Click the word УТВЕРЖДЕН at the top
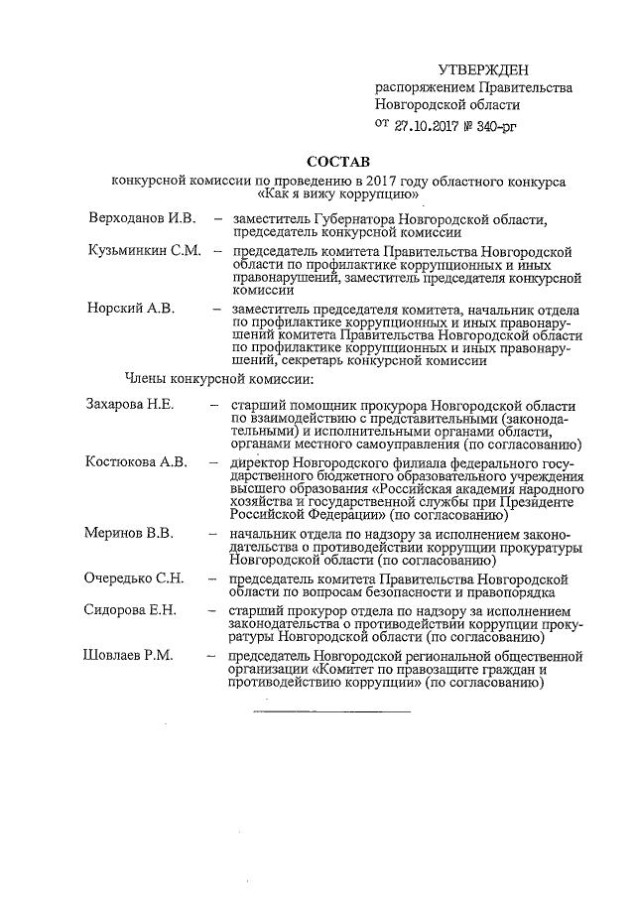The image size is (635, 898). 483,68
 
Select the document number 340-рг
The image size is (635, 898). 496,126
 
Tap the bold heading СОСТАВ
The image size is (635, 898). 337,162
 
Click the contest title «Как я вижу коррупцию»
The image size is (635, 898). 338,195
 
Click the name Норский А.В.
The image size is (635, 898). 131,310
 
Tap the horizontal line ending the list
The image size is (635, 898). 331,710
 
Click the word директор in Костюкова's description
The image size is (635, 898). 259,463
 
